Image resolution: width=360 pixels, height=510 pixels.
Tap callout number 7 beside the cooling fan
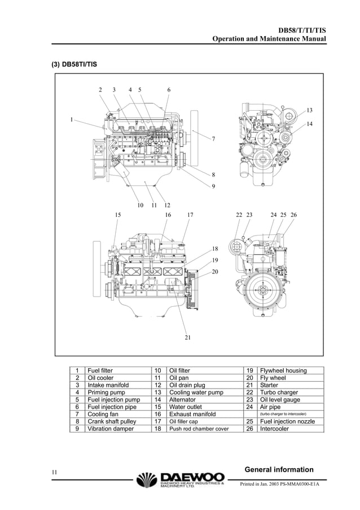click(x=213, y=138)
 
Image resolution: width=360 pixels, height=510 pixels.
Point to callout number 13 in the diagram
click(x=309, y=110)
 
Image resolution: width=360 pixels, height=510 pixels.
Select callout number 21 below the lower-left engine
click(x=187, y=337)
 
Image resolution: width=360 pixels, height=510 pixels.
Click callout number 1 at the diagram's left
click(x=72, y=119)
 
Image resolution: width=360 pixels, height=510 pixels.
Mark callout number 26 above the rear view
click(x=293, y=215)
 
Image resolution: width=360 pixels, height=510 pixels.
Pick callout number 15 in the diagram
click(x=118, y=215)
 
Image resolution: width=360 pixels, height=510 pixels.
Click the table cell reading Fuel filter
click(x=100, y=370)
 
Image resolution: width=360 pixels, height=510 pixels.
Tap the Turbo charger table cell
click(x=279, y=393)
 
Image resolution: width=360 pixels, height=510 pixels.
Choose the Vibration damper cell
click(x=111, y=429)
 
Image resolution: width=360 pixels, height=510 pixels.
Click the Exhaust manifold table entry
click(x=192, y=414)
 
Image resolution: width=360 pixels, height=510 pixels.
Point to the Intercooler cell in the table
click(x=274, y=429)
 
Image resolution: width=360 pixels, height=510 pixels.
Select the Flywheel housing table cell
click(x=283, y=370)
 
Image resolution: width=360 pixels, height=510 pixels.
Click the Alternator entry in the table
click(x=185, y=399)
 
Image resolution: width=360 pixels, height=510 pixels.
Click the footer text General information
click(x=279, y=469)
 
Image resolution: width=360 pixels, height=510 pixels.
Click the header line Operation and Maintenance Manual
click(x=269, y=38)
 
